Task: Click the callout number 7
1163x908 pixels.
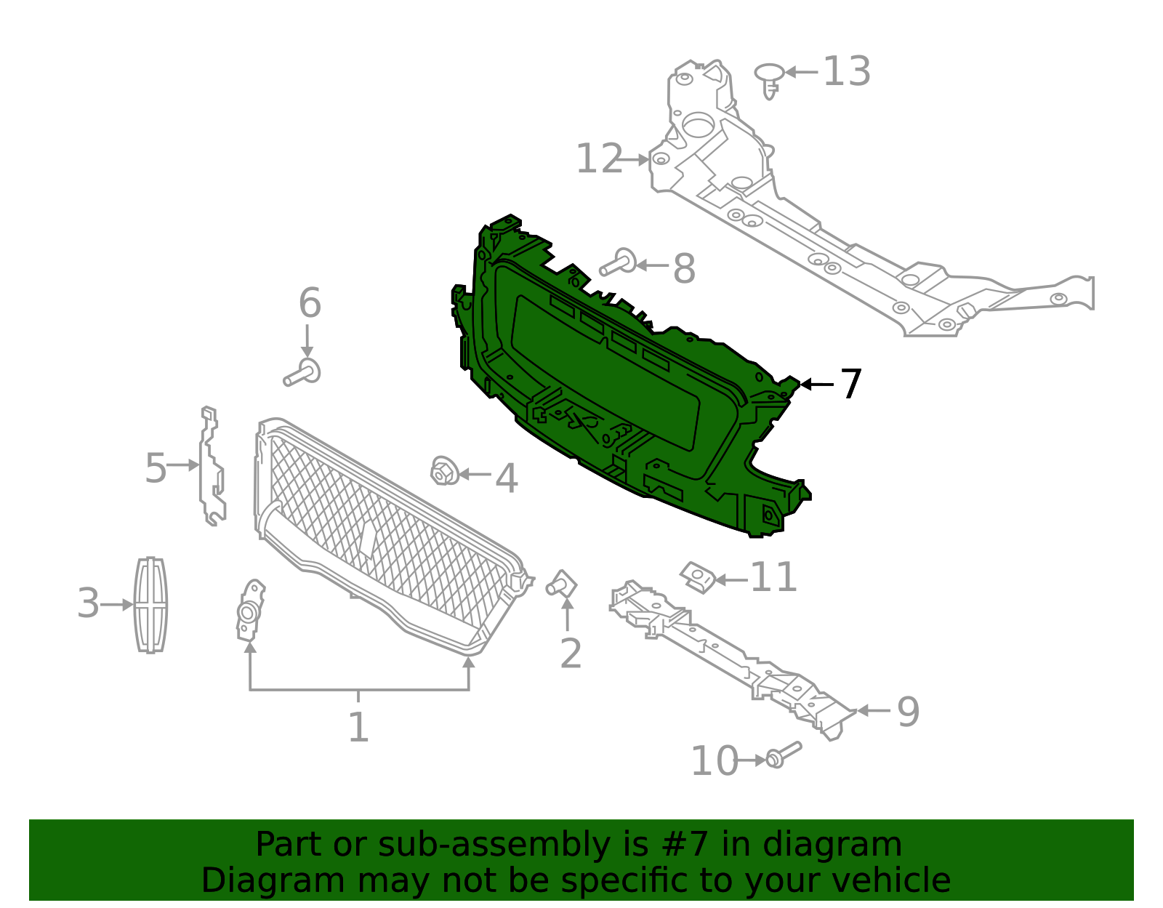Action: tap(850, 384)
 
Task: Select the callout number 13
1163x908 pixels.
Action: tap(847, 72)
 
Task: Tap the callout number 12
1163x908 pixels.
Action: tap(599, 159)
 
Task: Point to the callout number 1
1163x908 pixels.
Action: tap(358, 727)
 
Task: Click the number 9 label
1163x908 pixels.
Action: tap(908, 712)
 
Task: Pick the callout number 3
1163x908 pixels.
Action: tap(88, 604)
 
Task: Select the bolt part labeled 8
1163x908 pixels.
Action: tap(619, 263)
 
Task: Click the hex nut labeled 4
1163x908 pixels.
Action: tap(442, 472)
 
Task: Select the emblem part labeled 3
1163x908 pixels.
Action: tap(151, 605)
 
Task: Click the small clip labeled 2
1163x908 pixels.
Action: tap(562, 584)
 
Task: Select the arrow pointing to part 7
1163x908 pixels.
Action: tap(816, 384)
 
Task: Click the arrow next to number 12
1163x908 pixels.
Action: tap(637, 159)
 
